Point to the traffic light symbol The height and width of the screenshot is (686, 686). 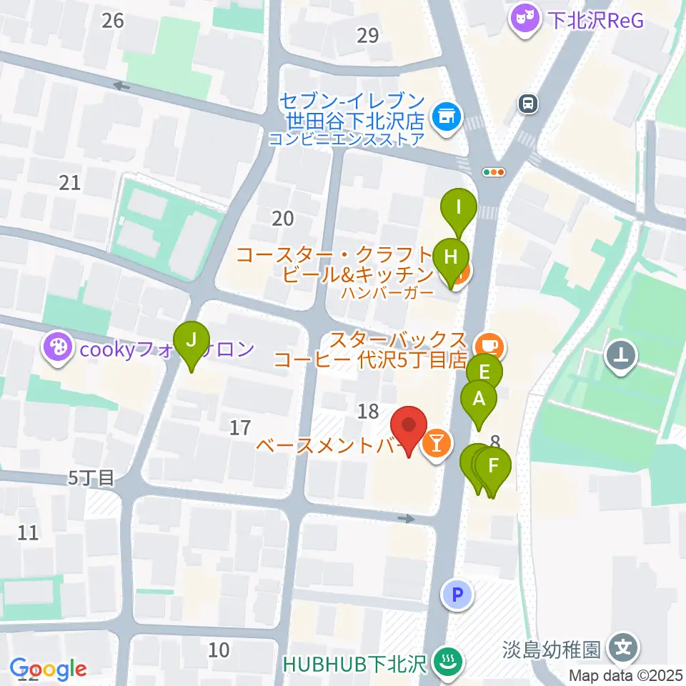pyautogui.click(x=494, y=171)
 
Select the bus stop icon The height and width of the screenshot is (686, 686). pyautogui.click(x=528, y=104)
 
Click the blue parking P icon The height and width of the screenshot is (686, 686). pyautogui.click(x=457, y=594)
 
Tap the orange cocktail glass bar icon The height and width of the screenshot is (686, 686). pyautogui.click(x=437, y=445)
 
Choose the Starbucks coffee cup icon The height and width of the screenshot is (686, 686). pyautogui.click(x=489, y=346)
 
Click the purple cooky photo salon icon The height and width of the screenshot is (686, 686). pyautogui.click(x=56, y=349)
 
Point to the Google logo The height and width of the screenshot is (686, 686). pyautogui.click(x=48, y=670)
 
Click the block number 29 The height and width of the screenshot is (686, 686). pyautogui.click(x=368, y=35)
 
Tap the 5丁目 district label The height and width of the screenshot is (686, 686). pyautogui.click(x=91, y=477)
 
